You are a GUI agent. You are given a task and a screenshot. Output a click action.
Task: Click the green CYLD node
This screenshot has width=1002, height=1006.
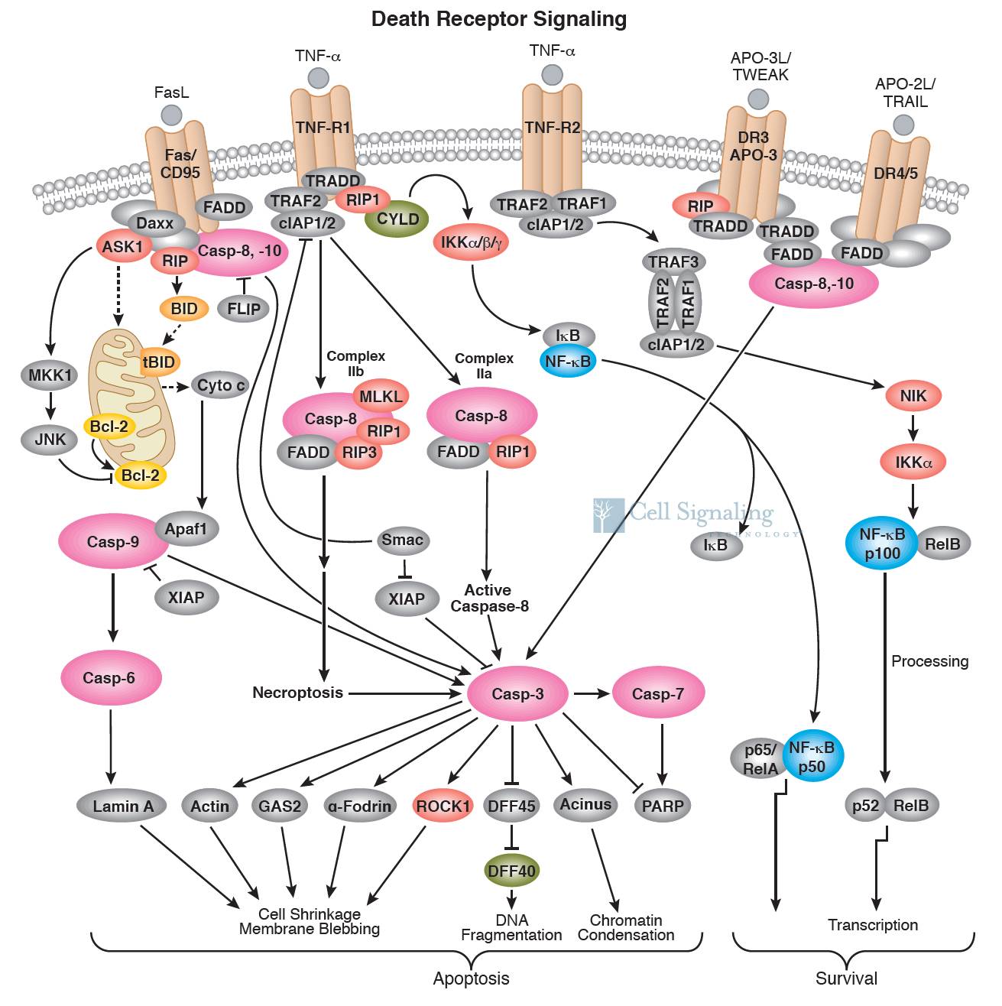(x=397, y=219)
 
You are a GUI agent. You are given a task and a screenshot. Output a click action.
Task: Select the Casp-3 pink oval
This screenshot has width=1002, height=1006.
(x=517, y=693)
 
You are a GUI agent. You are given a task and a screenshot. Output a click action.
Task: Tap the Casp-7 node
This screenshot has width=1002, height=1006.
(x=657, y=693)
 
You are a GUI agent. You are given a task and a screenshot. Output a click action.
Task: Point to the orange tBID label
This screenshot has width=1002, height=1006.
(x=159, y=362)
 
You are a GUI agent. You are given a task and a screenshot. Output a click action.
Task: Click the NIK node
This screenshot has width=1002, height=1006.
(x=913, y=396)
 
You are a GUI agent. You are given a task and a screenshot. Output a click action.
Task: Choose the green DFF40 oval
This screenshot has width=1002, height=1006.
(x=511, y=871)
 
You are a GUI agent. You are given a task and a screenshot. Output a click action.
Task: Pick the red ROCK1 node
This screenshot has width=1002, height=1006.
(x=443, y=806)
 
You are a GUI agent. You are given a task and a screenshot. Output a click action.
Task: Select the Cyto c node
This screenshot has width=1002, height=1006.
(x=221, y=385)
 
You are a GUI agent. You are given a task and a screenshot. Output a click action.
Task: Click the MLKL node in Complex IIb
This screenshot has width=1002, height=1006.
(x=380, y=395)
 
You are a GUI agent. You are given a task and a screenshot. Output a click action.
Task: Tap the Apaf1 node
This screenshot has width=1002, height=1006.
(x=186, y=528)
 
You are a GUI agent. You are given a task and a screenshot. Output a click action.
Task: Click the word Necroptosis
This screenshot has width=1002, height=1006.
(x=297, y=693)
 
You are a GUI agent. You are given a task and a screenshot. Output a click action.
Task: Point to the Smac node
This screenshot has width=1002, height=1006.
(x=402, y=540)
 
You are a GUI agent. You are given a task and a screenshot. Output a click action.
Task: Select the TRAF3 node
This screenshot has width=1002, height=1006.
(x=673, y=262)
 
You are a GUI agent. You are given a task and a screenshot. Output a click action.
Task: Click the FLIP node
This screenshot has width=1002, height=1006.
(x=244, y=309)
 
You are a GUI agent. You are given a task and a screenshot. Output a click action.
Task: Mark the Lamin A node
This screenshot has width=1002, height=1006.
(x=123, y=806)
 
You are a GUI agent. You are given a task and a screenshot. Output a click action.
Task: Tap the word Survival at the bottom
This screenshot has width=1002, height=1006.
(x=846, y=978)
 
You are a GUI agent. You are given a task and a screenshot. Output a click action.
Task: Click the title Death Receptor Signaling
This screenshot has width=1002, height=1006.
(x=499, y=19)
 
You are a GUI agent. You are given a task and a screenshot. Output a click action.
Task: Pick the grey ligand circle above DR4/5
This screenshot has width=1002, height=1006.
(x=903, y=125)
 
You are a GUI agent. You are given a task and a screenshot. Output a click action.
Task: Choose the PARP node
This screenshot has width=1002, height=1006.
(x=663, y=806)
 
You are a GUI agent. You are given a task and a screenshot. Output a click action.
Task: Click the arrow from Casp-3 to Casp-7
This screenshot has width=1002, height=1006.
(x=592, y=693)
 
